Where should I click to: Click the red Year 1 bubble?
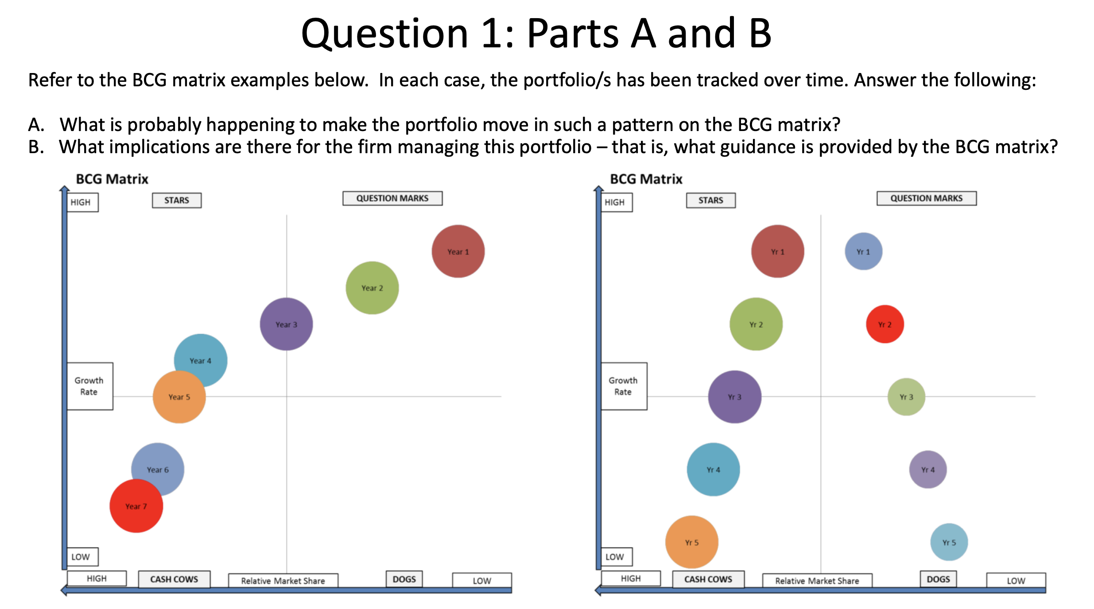pyautogui.click(x=458, y=251)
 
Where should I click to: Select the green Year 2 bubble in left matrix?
pyautogui.click(x=372, y=288)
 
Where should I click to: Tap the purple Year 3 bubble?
pyautogui.click(x=286, y=324)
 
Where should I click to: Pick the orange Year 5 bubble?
pyautogui.click(x=179, y=397)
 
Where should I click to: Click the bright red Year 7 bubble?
pyautogui.click(x=136, y=506)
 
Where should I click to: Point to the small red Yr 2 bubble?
pyautogui.click(x=885, y=324)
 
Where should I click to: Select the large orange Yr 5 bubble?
pyautogui.click(x=691, y=542)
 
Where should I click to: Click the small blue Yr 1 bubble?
pyautogui.click(x=863, y=251)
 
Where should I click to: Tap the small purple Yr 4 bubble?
pyautogui.click(x=927, y=470)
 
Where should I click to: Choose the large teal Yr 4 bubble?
pyautogui.click(x=713, y=470)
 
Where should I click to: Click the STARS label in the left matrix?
pyautogui.click(x=177, y=200)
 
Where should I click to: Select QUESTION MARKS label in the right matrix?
pyautogui.click(x=926, y=198)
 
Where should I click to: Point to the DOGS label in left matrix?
pyautogui.click(x=404, y=579)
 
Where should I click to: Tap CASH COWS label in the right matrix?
pyautogui.click(x=708, y=579)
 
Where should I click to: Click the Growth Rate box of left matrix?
pyautogui.click(x=89, y=386)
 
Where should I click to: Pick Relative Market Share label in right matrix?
pyautogui.click(x=817, y=581)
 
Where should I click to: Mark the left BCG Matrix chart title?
pyautogui.click(x=112, y=179)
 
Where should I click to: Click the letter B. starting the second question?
pyautogui.click(x=36, y=147)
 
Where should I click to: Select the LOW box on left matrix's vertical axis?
pyautogui.click(x=81, y=556)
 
